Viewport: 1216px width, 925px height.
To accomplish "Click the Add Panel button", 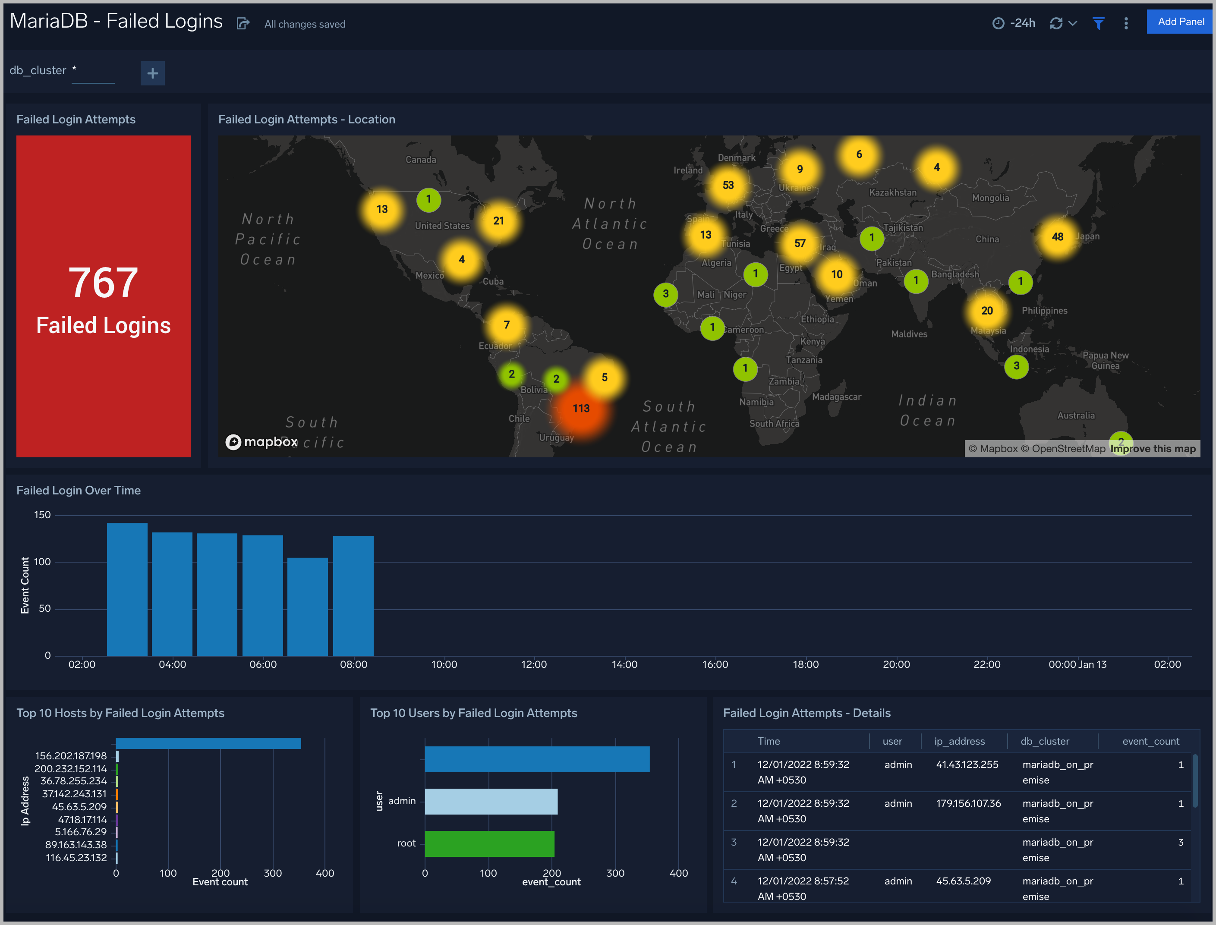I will [x=1180, y=22].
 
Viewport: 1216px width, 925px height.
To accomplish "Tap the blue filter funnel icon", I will [x=1098, y=24].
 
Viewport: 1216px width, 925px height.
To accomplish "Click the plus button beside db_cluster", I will [x=153, y=73].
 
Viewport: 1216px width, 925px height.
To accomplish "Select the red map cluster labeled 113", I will [x=581, y=409].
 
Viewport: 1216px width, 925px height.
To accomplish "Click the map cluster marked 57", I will [x=800, y=243].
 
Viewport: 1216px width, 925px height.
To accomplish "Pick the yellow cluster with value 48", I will [x=1057, y=237].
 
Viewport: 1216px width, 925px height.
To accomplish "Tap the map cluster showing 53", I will [x=728, y=185].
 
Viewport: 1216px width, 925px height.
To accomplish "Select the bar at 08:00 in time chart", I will [x=353, y=596].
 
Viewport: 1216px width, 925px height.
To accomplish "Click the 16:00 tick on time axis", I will [x=715, y=664].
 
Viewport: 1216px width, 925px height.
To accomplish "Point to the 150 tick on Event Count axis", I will [x=42, y=515].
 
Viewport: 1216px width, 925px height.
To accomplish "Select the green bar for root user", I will [x=489, y=843].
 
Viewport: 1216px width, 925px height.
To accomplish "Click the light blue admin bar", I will [x=491, y=801].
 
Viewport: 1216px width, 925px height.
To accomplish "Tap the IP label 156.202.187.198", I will [x=70, y=756].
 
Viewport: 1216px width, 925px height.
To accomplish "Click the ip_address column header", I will [x=959, y=741].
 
